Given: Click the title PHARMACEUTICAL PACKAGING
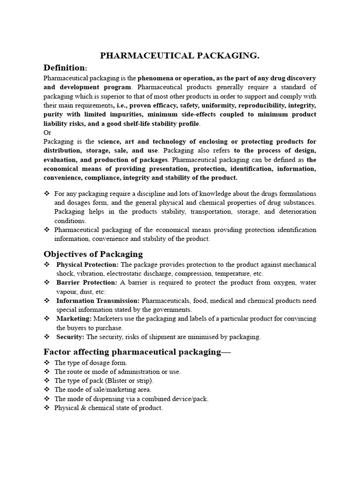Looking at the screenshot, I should (x=180, y=56).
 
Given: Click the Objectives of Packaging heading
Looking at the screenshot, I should (x=93, y=254).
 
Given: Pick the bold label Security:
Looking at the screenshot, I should (x=70, y=337).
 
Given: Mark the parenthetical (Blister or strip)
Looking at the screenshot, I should (x=135, y=380).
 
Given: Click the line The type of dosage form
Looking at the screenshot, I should (x=90, y=362).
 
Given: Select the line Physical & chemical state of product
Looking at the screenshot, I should (x=108, y=407).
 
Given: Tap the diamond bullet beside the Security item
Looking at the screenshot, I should (x=46, y=337).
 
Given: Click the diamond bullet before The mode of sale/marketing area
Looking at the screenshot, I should (x=46, y=390).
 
